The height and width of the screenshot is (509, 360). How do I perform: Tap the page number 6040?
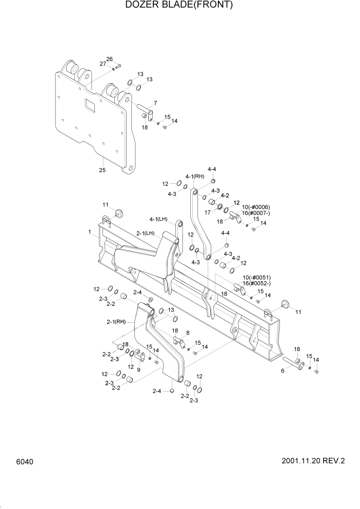[x=24, y=462]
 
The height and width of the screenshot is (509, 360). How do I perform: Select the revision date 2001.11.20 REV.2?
[x=313, y=461]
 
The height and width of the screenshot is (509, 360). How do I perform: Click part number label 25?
[x=102, y=170]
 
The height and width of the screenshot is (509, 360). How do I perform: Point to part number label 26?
[x=109, y=59]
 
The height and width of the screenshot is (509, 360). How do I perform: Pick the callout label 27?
[x=103, y=64]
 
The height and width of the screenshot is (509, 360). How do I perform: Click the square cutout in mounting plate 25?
[x=90, y=106]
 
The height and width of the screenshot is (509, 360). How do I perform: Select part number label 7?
[x=155, y=103]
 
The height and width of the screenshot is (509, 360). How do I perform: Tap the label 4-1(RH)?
[x=195, y=177]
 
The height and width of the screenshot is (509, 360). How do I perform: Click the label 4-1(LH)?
[x=159, y=219]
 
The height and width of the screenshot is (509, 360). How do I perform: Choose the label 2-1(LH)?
[x=146, y=233]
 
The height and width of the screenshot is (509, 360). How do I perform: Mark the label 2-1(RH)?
[x=116, y=322]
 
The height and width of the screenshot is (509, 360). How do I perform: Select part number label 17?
[x=208, y=211]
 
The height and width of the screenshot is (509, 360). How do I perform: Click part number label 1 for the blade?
[x=89, y=232]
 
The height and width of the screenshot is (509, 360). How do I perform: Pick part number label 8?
[x=187, y=332]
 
